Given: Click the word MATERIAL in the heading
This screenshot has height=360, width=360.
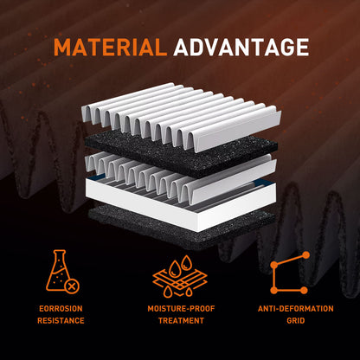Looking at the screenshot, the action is pyautogui.click(x=111, y=47).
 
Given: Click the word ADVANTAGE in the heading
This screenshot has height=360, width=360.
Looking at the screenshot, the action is pyautogui.click(x=241, y=47).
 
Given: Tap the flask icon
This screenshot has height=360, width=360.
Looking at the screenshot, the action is pyautogui.click(x=60, y=271).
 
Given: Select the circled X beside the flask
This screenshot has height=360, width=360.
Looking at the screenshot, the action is pyautogui.click(x=72, y=286).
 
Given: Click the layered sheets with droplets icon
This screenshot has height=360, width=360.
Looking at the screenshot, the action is pyautogui.click(x=180, y=276).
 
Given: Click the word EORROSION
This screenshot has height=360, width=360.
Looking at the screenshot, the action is pyautogui.click(x=61, y=309).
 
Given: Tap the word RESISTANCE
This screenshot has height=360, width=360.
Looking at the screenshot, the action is pyautogui.click(x=61, y=320).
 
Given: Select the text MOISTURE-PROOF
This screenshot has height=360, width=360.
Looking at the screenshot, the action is pyautogui.click(x=181, y=309).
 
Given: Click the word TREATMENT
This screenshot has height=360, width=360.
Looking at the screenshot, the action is pyautogui.click(x=181, y=320).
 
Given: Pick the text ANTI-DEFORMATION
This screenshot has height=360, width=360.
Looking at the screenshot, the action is pyautogui.click(x=296, y=309).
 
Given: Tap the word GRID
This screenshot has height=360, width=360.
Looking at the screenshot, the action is pyautogui.click(x=296, y=320).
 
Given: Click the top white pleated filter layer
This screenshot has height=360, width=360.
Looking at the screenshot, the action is pyautogui.click(x=182, y=115).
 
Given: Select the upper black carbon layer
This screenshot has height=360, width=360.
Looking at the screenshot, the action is pyautogui.click(x=181, y=154).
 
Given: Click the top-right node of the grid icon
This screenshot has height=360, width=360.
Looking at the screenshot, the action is pyautogui.click(x=306, y=254).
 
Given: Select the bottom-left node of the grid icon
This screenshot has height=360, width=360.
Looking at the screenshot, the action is pyautogui.click(x=274, y=291).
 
